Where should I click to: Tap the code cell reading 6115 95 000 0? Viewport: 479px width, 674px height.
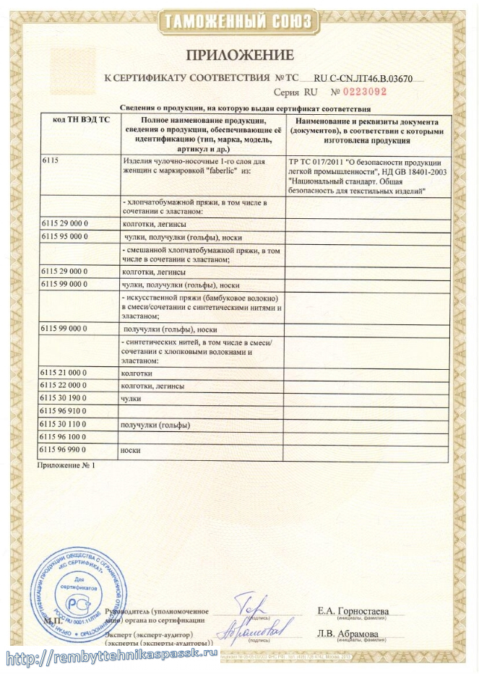pos(66,236)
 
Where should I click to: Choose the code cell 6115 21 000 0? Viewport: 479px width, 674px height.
pos(66,373)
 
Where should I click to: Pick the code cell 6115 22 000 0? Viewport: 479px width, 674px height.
pos(66,386)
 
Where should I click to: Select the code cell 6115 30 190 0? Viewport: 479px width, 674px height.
pos(66,398)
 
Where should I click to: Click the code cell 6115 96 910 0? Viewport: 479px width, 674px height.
pos(66,411)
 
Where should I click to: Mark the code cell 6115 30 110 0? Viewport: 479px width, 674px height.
pos(66,424)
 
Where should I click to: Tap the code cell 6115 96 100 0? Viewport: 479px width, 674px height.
pos(66,437)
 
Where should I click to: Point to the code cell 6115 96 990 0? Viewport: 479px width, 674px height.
pos(66,450)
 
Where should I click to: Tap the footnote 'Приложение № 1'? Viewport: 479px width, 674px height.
pos(66,466)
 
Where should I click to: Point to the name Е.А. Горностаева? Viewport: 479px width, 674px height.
pos(353,611)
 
